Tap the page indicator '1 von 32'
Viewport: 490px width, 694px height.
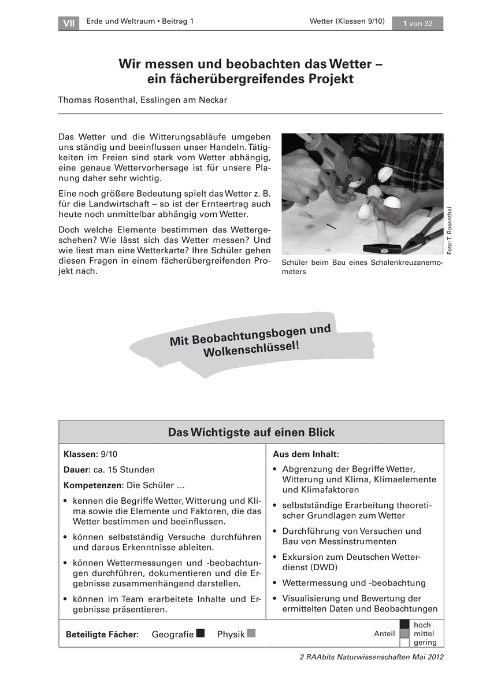(417, 23)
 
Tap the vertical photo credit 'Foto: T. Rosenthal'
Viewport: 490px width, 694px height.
(450, 229)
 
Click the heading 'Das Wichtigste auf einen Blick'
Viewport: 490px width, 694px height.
(251, 433)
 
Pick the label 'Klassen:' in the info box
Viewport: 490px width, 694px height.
(80, 455)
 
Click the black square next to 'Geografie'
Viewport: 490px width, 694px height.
(201, 633)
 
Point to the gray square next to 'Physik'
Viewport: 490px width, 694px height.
(251, 633)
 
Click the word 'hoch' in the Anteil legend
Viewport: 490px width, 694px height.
(422, 625)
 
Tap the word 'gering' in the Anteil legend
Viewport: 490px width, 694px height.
(425, 643)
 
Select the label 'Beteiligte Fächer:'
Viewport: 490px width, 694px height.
(102, 634)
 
